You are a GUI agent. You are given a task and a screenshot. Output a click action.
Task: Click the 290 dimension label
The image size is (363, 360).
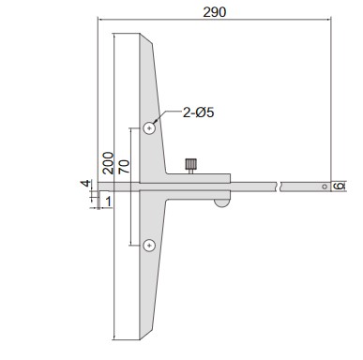(x=214, y=12)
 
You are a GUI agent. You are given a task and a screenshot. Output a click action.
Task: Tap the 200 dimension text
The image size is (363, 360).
(x=108, y=163)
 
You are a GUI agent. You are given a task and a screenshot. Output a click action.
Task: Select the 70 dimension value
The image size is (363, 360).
(x=124, y=167)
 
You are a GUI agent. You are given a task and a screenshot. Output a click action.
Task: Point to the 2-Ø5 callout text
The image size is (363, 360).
(x=199, y=112)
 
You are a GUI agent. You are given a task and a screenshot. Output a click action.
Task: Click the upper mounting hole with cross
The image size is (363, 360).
(x=149, y=128)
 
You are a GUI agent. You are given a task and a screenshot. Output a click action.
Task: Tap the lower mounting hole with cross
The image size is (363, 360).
(x=149, y=246)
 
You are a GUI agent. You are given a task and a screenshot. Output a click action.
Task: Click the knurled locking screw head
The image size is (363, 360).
(x=190, y=164)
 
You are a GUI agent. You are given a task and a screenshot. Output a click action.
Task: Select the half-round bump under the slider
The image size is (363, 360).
(x=221, y=203)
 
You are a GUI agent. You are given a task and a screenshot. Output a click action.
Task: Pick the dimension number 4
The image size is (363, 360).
(x=86, y=184)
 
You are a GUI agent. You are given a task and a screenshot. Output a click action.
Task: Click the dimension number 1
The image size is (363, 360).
(x=108, y=202)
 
